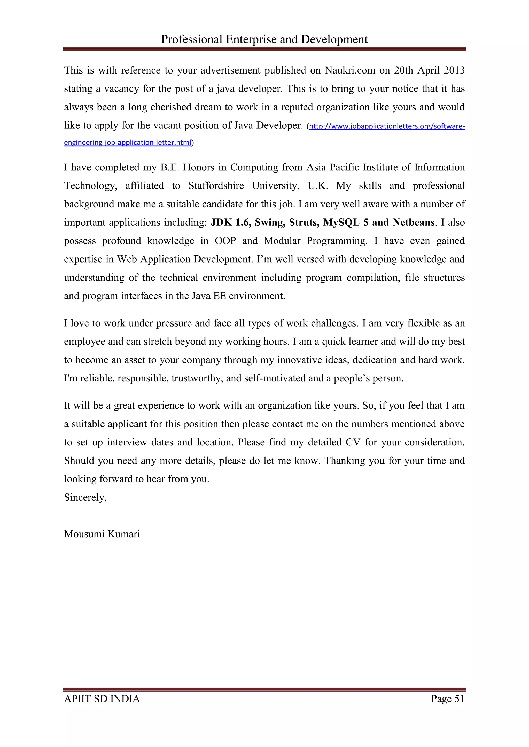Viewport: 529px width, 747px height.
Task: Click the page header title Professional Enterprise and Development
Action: (x=264, y=39)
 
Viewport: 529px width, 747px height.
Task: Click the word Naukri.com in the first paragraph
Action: (x=349, y=70)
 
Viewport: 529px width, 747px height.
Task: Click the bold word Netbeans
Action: (x=413, y=223)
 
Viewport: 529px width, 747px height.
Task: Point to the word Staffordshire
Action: (x=216, y=186)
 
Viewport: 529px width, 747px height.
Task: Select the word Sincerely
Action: (x=85, y=498)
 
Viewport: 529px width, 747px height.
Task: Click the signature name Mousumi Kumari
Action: (x=102, y=534)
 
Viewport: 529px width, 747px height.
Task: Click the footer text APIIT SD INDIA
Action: (x=102, y=699)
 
